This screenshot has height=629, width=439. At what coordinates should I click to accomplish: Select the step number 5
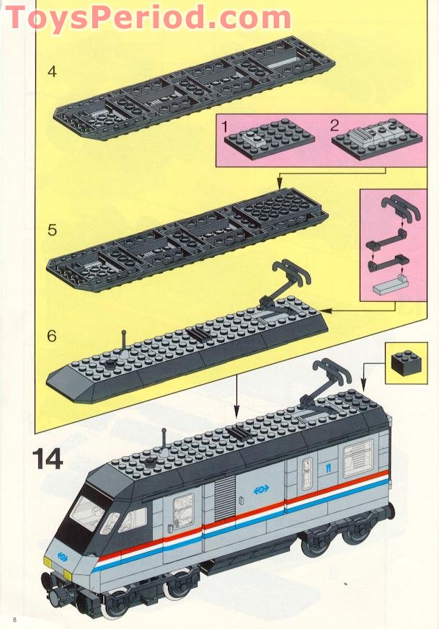point(51,231)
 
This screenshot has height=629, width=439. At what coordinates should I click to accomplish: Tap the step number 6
point(51,336)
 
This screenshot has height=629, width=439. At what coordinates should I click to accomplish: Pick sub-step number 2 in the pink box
point(334,124)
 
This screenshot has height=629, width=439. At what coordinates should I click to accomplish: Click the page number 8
point(13,619)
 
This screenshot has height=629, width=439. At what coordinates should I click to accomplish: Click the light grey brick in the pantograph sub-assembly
point(389,289)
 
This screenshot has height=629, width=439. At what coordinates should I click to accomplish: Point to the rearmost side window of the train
point(358,458)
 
